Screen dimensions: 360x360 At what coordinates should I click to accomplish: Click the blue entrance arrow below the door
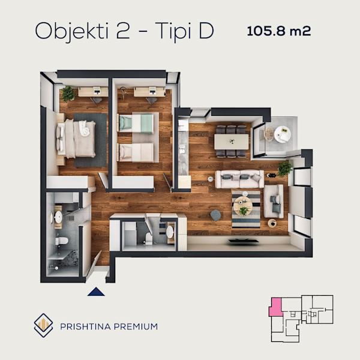pos(96,292)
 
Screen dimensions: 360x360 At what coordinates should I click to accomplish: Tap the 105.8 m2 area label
pos(279,31)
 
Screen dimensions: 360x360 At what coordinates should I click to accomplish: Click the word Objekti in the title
pos(71,31)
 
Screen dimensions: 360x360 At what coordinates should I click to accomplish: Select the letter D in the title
pos(206,31)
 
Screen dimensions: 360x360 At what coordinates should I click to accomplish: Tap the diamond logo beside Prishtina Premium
pos(43,325)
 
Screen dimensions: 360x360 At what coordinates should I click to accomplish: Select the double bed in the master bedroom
pos(76,139)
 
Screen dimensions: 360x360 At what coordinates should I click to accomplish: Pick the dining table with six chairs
pos(231,142)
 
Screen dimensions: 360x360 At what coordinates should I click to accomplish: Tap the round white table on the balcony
pos(283,134)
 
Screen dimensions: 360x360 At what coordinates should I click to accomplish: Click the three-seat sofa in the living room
pos(239,179)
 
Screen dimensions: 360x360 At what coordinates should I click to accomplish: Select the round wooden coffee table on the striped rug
pos(242,206)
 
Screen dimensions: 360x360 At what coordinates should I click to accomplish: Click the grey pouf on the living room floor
pos(215,215)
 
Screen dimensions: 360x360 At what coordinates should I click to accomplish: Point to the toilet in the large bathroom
pos(62,241)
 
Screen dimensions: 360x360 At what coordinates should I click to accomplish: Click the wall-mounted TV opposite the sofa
pos(243,241)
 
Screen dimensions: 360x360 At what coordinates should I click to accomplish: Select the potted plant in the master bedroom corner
pos(68,94)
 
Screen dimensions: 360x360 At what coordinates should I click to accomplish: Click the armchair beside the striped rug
pos(274,201)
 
